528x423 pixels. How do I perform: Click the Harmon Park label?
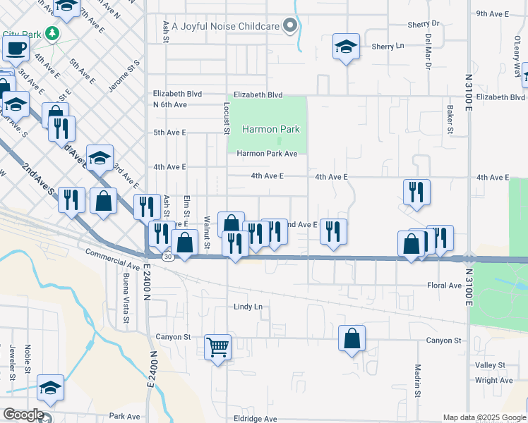(x=271, y=129)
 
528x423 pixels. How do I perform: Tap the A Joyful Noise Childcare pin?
(x=290, y=26)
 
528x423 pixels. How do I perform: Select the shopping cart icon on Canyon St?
(x=218, y=346)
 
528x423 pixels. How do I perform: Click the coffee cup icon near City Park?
(x=16, y=49)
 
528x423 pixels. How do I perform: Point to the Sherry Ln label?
(x=388, y=46)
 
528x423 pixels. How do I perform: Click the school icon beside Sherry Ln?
(x=345, y=47)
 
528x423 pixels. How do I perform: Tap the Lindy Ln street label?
(x=248, y=307)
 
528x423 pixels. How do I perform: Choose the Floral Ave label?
(x=444, y=286)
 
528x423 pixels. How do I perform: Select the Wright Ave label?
(x=494, y=380)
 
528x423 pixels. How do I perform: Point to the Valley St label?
(x=491, y=365)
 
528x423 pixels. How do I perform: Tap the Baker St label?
(x=450, y=118)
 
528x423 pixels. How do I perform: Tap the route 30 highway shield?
(x=167, y=257)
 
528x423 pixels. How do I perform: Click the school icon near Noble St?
(x=51, y=387)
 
